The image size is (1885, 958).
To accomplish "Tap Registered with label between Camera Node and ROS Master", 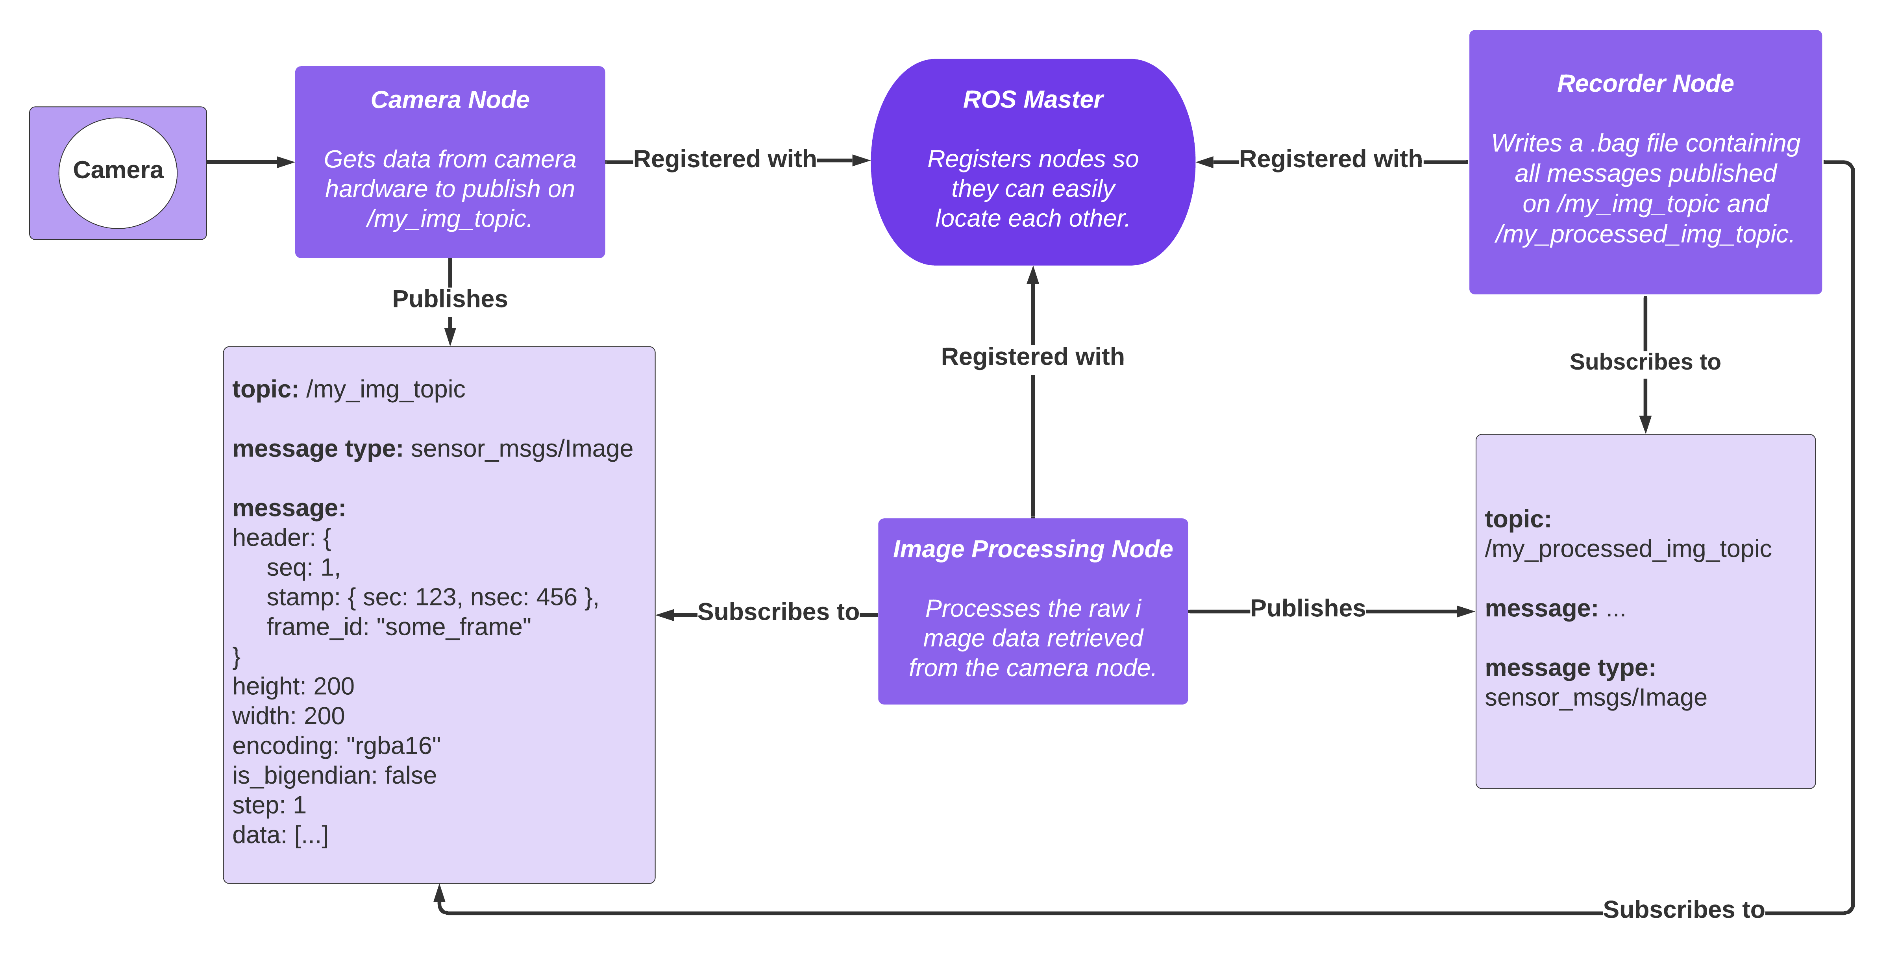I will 724,159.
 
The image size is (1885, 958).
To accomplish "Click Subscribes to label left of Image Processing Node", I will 778,612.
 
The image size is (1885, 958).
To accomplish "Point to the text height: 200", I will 293,686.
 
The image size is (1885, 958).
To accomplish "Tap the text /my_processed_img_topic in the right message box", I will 1628,549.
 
